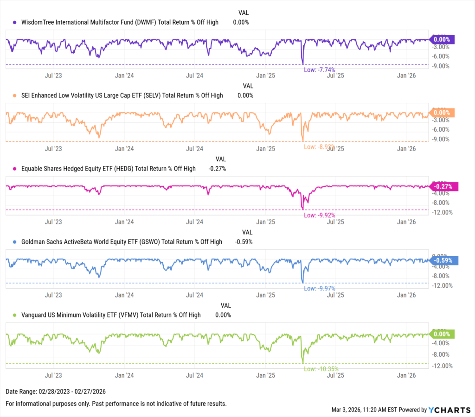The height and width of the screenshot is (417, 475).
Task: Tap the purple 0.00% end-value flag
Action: click(443, 40)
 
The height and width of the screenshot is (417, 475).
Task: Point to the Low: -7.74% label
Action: click(319, 69)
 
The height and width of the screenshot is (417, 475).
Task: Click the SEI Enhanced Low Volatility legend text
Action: click(122, 95)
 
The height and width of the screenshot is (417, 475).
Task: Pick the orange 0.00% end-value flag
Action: click(443, 113)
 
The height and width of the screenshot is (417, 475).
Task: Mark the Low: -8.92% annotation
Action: click(320, 147)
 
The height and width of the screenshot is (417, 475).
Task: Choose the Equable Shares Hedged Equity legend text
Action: click(108, 169)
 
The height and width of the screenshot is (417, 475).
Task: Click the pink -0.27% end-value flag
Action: click(444, 187)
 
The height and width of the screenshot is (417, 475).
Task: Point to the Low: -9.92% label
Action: click(319, 215)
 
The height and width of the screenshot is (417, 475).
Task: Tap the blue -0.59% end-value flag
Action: click(444, 260)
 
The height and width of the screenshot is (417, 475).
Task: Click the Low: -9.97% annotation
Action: click(319, 288)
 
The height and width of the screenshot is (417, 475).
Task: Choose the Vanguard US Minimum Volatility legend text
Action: click(111, 315)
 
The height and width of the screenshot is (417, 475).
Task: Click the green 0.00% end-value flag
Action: click(443, 334)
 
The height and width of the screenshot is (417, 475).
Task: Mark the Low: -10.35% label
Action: click(321, 369)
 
